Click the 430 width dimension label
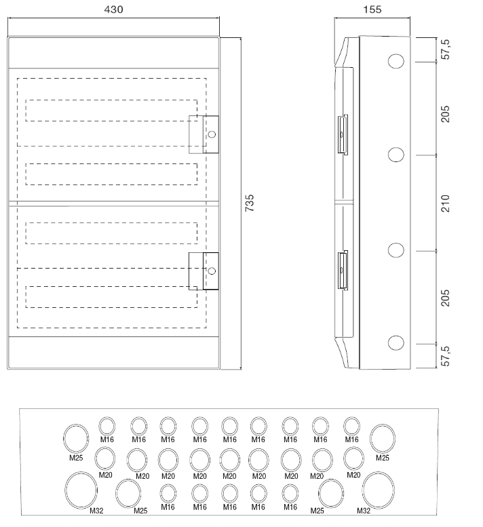click(113, 9)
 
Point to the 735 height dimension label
click(250, 203)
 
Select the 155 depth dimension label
click(372, 9)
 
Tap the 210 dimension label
click(445, 203)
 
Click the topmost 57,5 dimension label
click(445, 50)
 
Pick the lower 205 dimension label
click(445, 298)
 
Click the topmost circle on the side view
click(396, 62)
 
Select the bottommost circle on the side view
click(396, 343)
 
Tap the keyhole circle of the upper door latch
click(212, 134)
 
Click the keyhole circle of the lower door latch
click(212, 271)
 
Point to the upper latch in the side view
click(343, 134)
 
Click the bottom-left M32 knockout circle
click(81, 490)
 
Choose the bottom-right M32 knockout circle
click(378, 490)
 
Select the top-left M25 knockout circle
click(76, 438)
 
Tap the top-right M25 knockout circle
click(383, 438)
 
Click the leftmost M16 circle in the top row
click(107, 426)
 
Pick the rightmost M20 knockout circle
click(353, 458)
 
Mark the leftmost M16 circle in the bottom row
click(168, 493)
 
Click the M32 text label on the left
click(96, 511)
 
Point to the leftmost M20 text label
click(105, 475)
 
